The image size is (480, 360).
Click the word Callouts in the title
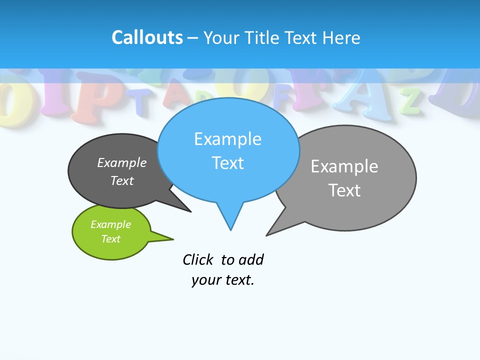pos(147,38)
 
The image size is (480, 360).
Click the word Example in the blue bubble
pos(227,139)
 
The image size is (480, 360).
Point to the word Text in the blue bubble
pos(227,163)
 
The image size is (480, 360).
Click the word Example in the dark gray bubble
pos(121,163)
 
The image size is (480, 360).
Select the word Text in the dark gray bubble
pos(121,180)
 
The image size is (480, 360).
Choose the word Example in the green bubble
pos(110,224)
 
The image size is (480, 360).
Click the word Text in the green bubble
pos(110,239)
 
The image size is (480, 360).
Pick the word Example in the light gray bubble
pos(344,166)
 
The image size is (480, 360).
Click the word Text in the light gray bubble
pos(344,190)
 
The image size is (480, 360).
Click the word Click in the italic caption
pos(197,260)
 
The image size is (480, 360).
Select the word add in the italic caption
pos(251,260)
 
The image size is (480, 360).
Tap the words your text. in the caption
pos(223,280)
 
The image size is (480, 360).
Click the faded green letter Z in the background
pos(411,101)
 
